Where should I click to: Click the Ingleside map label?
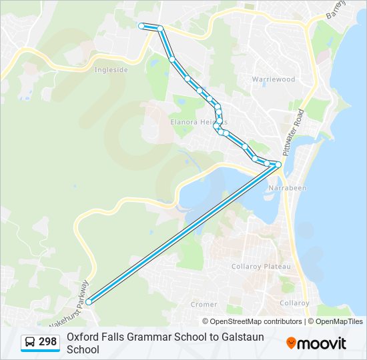(x=111, y=69)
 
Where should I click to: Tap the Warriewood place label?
(x=273, y=79)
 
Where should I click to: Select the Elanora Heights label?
(x=198, y=122)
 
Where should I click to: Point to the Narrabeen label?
(x=287, y=188)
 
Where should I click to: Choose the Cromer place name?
(x=204, y=304)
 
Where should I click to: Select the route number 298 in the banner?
(x=47, y=342)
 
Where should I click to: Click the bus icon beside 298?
(x=30, y=343)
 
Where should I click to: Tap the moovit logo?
(x=316, y=343)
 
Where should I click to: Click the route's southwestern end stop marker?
(x=89, y=301)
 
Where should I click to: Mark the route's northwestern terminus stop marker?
(x=141, y=26)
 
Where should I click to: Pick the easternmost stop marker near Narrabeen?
(x=278, y=165)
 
